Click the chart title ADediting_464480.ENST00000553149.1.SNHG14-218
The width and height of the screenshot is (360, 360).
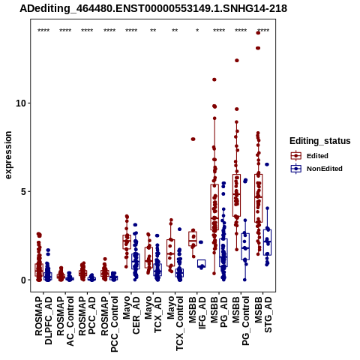pos(153,9)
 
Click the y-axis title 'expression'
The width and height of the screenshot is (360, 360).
pos(8,155)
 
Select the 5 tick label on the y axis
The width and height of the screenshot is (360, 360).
pos(23,192)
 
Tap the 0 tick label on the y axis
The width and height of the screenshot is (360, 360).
pos(23,280)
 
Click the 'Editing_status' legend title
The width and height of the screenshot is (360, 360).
pos(320,141)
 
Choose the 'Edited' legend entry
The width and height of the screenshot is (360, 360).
pos(310,156)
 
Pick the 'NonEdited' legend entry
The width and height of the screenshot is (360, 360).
pos(316,169)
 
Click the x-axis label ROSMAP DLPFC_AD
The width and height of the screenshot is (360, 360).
pos(43,320)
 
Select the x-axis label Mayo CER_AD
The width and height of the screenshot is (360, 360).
pos(131,315)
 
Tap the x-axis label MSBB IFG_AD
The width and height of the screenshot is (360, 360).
pos(197,313)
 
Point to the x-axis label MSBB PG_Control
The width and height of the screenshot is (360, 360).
pos(241,321)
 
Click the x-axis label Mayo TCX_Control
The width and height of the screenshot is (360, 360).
pos(175,323)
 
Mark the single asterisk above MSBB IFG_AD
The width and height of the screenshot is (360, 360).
pos(197,31)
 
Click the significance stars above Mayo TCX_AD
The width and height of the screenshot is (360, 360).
pos(153,31)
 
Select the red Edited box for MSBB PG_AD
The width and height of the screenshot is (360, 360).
pos(214,207)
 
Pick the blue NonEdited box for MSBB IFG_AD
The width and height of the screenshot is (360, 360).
pos(201,263)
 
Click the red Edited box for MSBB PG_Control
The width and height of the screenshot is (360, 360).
pos(236,195)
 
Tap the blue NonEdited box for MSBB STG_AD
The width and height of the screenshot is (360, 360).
pos(267,242)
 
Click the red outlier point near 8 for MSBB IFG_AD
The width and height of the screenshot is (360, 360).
pos(193,139)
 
